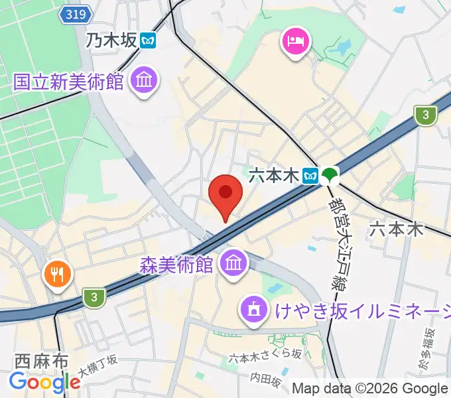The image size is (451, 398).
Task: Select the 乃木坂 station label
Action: [111, 40]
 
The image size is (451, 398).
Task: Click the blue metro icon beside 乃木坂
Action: [148, 40]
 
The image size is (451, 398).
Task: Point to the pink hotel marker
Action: [295, 42]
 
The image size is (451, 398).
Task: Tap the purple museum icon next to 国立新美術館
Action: [143, 82]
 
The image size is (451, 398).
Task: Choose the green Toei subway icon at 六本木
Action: [330, 175]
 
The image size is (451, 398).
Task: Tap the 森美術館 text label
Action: [176, 265]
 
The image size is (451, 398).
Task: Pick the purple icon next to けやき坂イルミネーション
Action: [253, 308]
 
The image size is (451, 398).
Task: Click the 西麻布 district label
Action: [41, 362]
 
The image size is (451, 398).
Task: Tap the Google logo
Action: [44, 382]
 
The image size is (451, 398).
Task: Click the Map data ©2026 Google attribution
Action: [370, 389]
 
